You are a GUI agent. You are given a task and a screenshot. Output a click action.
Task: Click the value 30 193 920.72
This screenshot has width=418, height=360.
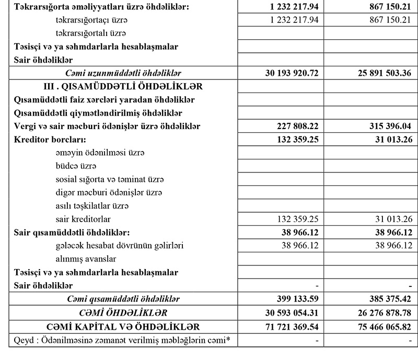285,73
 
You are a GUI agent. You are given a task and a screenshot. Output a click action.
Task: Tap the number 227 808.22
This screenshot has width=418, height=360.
292,126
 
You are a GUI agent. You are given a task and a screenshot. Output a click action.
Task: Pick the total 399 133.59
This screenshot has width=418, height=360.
292,299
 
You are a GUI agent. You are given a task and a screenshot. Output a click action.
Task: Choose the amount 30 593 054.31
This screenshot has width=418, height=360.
285,313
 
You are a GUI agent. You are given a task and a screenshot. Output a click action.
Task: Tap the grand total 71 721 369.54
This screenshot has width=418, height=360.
285,327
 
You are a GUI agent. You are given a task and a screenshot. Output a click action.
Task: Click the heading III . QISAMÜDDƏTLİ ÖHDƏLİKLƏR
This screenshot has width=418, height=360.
123,86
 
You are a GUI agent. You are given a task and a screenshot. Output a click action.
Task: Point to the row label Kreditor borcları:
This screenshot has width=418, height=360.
50,140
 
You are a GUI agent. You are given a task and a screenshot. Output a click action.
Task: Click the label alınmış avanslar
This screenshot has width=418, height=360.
86,259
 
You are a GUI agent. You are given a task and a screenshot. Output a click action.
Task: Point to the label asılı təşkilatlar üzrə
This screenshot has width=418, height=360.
91,206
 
